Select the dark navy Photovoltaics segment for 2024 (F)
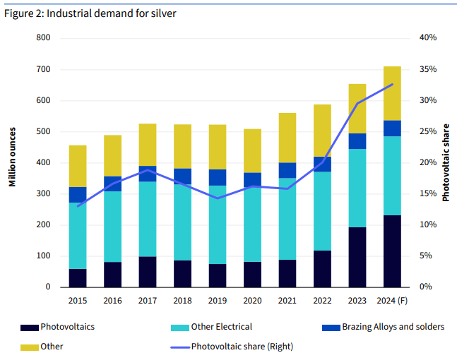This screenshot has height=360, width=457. tap(392, 251)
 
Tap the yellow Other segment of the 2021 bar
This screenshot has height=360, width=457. tap(287, 138)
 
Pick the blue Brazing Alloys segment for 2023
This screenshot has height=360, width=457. tap(357, 141)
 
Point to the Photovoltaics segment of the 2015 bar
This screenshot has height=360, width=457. tap(78, 278)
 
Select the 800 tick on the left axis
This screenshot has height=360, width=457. tap(42, 38)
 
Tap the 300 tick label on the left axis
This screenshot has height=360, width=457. tap(42, 194)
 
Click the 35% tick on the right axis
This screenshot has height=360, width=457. tap(428, 69)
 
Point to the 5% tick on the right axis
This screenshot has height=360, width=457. tap(426, 256)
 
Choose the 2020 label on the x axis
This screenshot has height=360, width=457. tap(252, 301)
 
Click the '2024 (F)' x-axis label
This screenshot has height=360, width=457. tap(392, 301)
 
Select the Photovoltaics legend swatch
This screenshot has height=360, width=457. tap(29, 327)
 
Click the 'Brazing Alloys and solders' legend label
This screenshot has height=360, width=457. tap(393, 327)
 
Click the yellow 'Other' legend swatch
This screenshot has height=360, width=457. tap(29, 346)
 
